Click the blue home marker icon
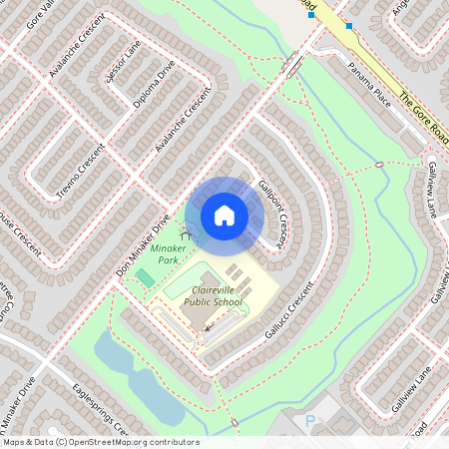pos(224,215)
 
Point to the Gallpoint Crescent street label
pos(274,209)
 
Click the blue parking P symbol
pos(310,422)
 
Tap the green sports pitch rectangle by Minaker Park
pos(146,277)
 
